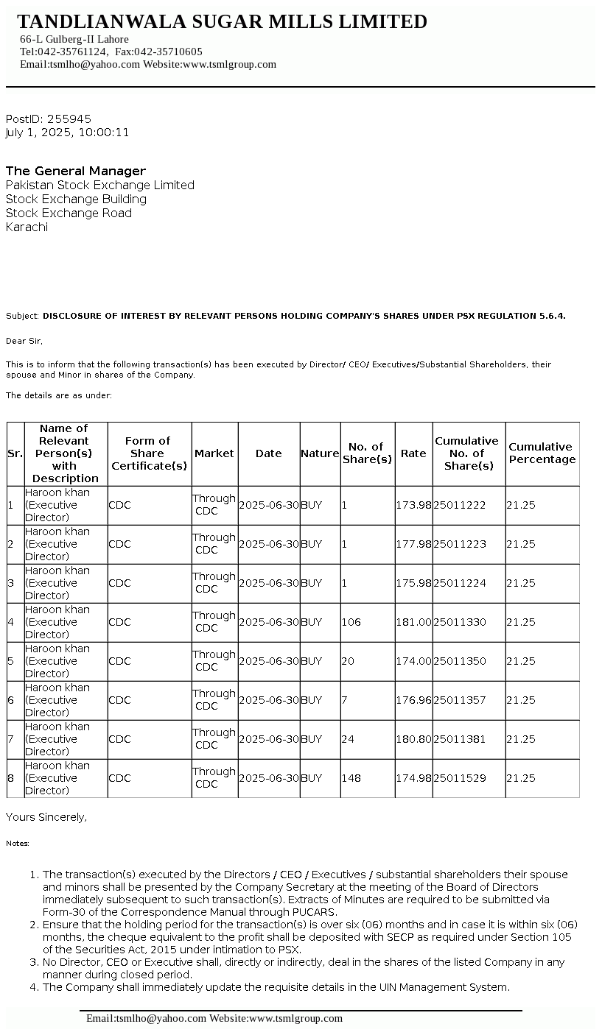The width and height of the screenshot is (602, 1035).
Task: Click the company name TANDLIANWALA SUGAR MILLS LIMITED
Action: click(x=222, y=22)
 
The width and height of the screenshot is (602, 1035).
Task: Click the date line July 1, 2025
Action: click(x=67, y=133)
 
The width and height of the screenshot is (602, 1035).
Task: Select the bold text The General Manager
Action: click(x=76, y=171)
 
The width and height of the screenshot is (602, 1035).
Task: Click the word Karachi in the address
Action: click(x=27, y=227)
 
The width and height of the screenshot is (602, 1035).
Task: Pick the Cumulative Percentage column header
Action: click(x=542, y=453)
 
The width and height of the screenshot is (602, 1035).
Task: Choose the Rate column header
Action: click(x=413, y=453)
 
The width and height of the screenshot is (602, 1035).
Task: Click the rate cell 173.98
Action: click(x=413, y=505)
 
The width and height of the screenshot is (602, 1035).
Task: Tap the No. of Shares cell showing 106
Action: click(x=351, y=622)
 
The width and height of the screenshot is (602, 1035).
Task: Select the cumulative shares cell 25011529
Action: click(x=460, y=778)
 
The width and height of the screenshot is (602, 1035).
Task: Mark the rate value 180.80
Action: click(x=413, y=739)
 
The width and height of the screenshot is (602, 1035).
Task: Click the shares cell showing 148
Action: click(x=351, y=778)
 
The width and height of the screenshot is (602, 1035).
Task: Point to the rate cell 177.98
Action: click(x=413, y=544)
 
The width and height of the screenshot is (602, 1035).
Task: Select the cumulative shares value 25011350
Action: click(x=460, y=661)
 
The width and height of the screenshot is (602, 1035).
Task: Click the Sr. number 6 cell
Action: click(x=11, y=700)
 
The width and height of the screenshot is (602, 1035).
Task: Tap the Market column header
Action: click(x=214, y=453)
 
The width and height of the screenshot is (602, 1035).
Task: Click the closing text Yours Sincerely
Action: click(x=46, y=817)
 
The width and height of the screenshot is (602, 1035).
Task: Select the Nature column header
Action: click(x=320, y=453)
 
